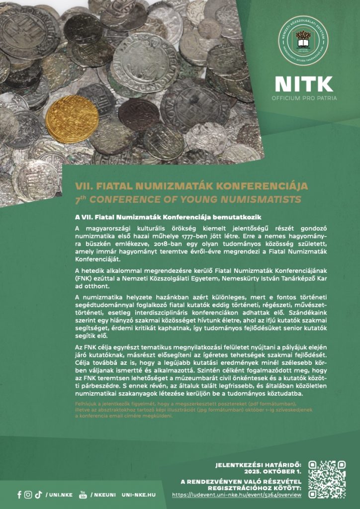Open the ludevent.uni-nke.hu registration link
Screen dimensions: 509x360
click(x=237, y=495)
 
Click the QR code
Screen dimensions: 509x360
click(x=327, y=478)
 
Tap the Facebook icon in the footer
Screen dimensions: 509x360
click(x=19, y=495)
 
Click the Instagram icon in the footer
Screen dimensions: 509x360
click(x=28, y=495)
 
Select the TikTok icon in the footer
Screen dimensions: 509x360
click(x=38, y=495)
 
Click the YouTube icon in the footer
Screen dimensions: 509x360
click(x=83, y=495)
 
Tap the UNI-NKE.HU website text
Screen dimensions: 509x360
click(x=139, y=495)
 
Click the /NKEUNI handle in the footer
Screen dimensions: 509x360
click(x=103, y=495)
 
